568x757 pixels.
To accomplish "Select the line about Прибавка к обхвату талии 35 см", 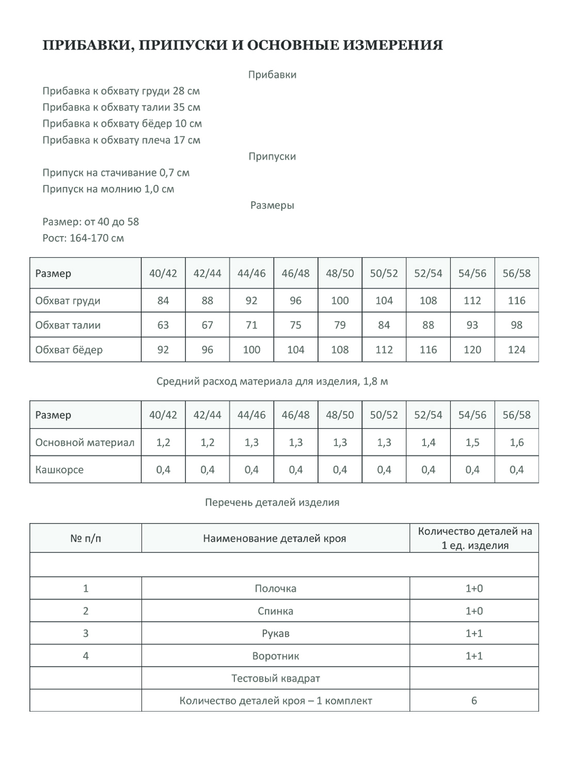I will [x=121, y=107].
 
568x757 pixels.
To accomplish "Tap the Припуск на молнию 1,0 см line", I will [x=108, y=189].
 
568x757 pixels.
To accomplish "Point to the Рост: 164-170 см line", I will [x=83, y=238].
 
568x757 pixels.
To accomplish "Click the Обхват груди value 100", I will [x=340, y=301].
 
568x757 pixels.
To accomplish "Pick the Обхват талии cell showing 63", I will [x=163, y=325].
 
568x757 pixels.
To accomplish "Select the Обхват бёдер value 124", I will [x=516, y=350].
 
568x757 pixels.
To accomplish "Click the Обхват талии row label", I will [x=68, y=325].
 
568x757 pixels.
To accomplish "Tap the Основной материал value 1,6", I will [x=516, y=443].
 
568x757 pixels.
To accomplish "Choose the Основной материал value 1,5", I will [x=472, y=443].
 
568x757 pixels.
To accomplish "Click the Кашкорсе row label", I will [x=59, y=470].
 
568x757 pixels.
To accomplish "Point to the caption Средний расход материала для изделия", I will [x=272, y=382].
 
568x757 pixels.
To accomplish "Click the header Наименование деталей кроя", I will [x=275, y=539].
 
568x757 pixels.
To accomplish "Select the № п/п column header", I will [x=86, y=539].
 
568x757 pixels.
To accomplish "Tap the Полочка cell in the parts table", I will [x=276, y=589].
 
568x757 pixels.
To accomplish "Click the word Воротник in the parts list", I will [x=276, y=656].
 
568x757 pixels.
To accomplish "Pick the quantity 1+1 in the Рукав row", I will [x=474, y=634].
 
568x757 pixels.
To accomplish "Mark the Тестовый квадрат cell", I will [x=276, y=679].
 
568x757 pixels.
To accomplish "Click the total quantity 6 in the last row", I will [x=474, y=701].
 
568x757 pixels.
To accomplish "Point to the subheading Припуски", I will [x=272, y=156].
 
